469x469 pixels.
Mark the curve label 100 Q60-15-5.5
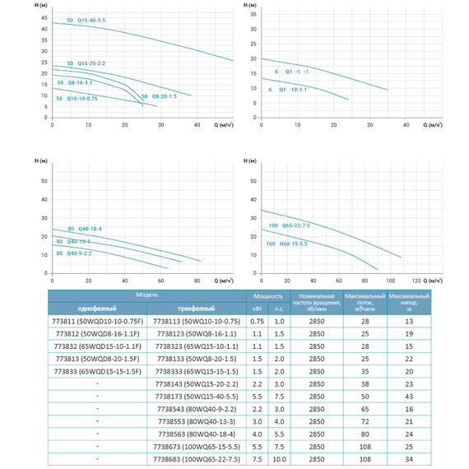[x=288, y=244]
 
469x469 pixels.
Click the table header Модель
[x=148, y=294]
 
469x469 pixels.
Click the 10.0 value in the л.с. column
[x=279, y=458]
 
